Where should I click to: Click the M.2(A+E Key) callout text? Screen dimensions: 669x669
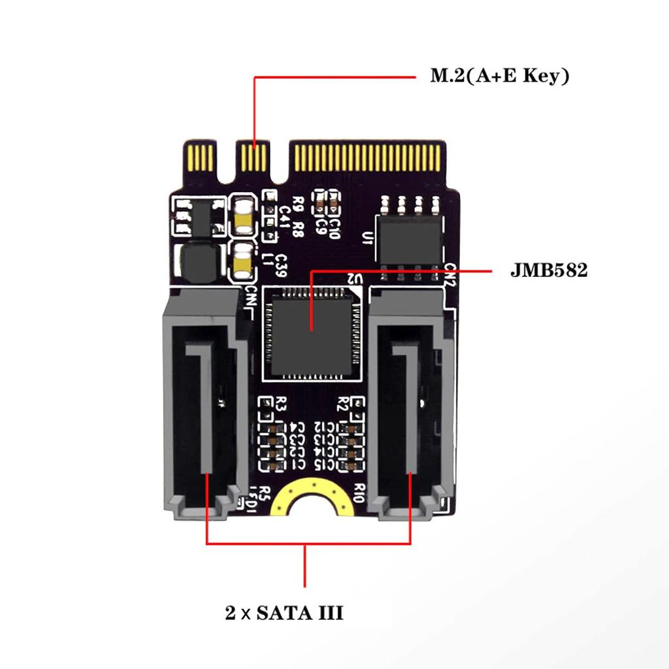click(x=499, y=76)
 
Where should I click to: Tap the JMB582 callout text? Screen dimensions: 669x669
click(x=549, y=270)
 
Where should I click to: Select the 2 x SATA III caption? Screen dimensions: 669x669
click(x=284, y=613)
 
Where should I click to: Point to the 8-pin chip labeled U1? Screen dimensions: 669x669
click(x=411, y=239)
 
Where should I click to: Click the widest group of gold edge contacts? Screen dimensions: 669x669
click(x=368, y=157)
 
